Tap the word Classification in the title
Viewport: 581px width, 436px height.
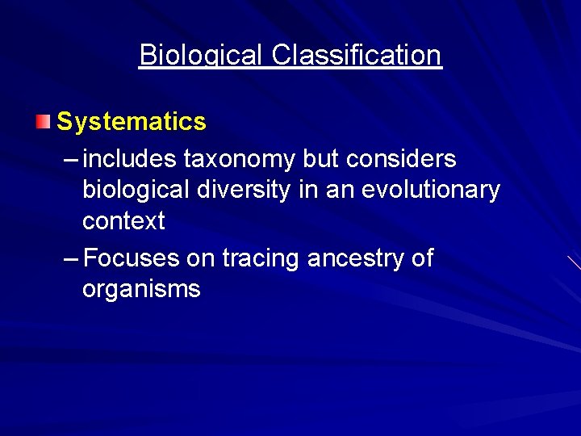357,55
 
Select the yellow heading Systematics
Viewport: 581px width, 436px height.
132,122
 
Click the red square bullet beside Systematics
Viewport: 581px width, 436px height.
42,122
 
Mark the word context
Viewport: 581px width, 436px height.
123,220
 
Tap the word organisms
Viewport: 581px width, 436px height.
141,288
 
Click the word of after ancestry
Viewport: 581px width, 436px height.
422,258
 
